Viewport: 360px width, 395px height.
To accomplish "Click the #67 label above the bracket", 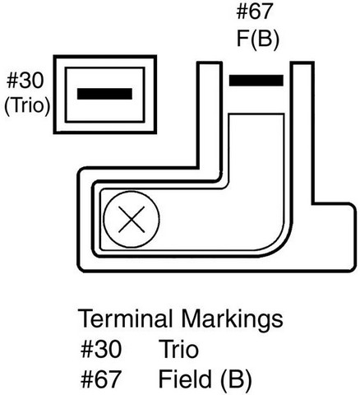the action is (x=255, y=12).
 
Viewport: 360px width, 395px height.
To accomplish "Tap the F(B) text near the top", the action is (x=257, y=39).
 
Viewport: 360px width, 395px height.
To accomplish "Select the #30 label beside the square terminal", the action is (x=25, y=81).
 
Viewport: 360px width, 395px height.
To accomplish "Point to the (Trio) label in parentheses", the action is (x=27, y=105).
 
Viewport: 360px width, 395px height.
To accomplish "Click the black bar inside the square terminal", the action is (x=104, y=94).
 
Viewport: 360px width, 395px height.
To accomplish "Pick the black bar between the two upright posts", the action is (x=256, y=81).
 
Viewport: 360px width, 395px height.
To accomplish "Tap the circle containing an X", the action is (x=132, y=220).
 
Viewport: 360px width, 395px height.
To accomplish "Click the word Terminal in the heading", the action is (x=125, y=318).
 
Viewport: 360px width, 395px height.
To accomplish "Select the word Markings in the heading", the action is (x=232, y=319).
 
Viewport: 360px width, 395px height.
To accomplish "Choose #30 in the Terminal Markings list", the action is (x=101, y=349).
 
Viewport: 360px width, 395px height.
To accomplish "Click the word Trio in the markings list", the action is (x=178, y=349).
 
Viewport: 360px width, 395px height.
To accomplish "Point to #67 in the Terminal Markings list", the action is (x=101, y=379).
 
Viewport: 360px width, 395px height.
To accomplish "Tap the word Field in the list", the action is (x=185, y=379).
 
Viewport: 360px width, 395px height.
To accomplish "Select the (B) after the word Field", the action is (x=236, y=379).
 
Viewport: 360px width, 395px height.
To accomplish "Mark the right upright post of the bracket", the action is (x=302, y=132).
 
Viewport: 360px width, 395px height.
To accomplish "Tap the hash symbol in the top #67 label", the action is (x=242, y=12).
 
